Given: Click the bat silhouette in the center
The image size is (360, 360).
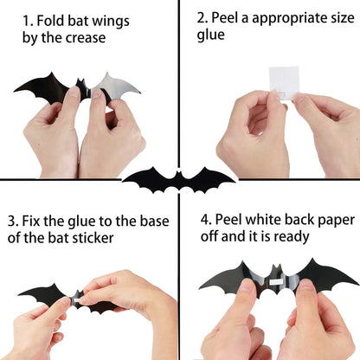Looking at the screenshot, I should tap(179, 179).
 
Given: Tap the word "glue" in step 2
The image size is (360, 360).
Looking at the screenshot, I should tap(210, 35).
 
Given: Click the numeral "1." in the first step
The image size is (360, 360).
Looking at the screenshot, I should tap(29, 19).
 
